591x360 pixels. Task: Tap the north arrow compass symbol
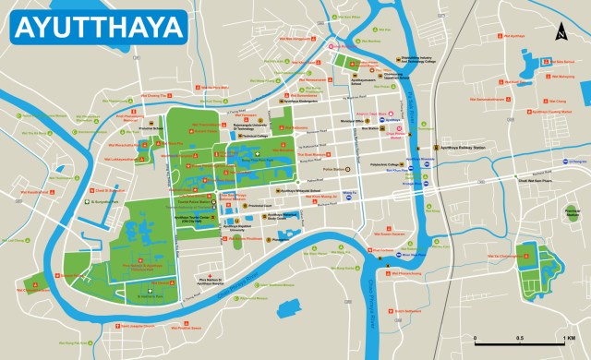coord(560,34)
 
